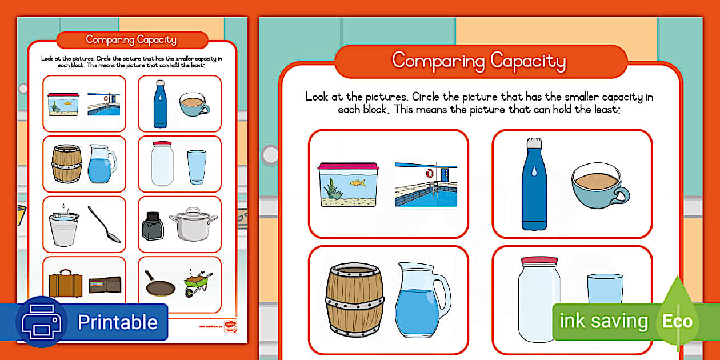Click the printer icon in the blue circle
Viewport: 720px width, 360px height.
click(x=41, y=322)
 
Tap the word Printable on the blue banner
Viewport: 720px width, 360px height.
click(x=117, y=322)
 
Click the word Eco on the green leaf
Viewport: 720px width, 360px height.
click(x=677, y=321)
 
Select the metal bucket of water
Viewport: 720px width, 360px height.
click(x=63, y=226)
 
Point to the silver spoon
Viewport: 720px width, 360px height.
click(x=105, y=225)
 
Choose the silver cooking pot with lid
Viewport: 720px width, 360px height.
click(x=193, y=224)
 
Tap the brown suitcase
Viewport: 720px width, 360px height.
click(x=65, y=283)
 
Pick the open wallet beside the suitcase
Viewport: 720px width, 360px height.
click(x=105, y=285)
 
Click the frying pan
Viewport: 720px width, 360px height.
click(x=159, y=285)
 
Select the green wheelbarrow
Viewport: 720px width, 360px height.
click(x=198, y=283)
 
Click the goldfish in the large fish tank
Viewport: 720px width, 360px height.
click(x=357, y=183)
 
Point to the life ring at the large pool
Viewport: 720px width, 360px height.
click(x=430, y=173)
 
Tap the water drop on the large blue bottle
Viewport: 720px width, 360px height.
click(x=533, y=171)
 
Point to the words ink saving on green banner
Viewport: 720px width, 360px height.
click(x=603, y=321)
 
